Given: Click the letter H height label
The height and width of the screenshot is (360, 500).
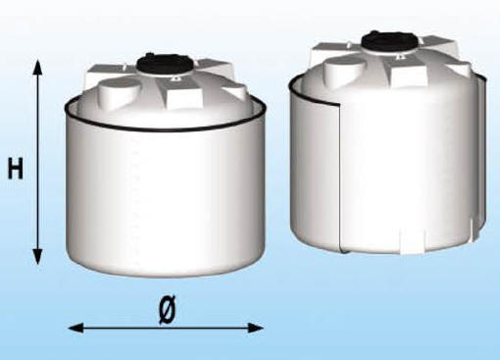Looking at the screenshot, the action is (x=16, y=169).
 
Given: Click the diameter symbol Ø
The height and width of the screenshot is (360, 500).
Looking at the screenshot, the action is (x=167, y=309).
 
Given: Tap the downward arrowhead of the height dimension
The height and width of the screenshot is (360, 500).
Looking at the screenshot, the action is (x=38, y=255).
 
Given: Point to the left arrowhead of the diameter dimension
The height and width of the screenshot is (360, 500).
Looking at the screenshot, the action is (x=75, y=328).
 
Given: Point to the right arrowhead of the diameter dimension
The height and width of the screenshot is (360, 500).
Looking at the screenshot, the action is (x=255, y=328).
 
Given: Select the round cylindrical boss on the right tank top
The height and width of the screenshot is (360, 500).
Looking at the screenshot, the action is (x=345, y=70).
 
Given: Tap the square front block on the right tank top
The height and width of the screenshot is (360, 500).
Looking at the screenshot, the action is (x=409, y=76).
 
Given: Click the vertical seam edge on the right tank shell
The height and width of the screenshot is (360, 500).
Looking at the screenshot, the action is (x=339, y=177).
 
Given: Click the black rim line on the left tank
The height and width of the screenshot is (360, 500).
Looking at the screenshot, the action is (x=165, y=129).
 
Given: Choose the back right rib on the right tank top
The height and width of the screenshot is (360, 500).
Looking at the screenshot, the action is (x=439, y=42).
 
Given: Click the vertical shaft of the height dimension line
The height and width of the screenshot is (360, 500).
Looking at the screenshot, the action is (x=38, y=162).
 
